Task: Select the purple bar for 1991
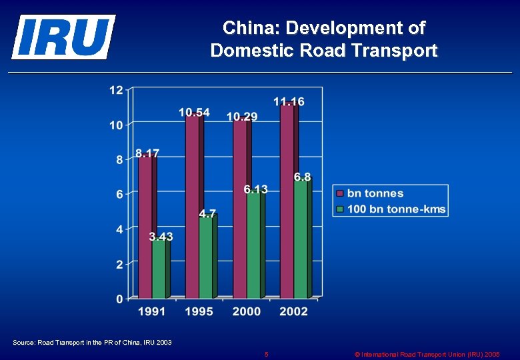(145, 227)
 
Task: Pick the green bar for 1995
(205, 257)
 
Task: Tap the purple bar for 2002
(287, 200)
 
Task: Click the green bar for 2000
(253, 245)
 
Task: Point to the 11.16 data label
(289, 101)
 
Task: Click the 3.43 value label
(161, 236)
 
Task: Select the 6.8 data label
(302, 177)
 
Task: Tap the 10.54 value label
(194, 112)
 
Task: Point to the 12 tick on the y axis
(116, 90)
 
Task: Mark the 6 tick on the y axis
(119, 194)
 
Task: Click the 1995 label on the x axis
(199, 311)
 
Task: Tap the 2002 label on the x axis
(293, 311)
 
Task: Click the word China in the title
(247, 28)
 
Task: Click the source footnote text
(92, 343)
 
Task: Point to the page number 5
(266, 354)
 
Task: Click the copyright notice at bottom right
(427, 354)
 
